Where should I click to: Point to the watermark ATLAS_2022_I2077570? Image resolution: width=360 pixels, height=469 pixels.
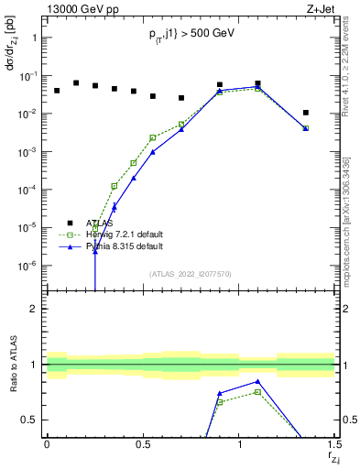191,273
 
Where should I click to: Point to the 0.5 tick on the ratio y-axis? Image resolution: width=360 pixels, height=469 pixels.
30,420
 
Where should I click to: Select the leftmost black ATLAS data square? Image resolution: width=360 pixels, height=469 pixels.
57,91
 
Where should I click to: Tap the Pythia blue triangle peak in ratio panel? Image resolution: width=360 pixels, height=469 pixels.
258,381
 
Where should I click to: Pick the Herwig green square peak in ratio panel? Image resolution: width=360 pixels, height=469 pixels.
258,391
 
